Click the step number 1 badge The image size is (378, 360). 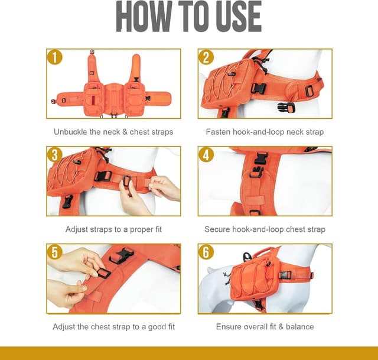click(54, 57)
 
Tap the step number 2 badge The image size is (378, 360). click(206, 57)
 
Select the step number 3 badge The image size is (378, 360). click(54, 155)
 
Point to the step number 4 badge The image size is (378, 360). click(206, 155)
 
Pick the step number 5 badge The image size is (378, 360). click(54, 252)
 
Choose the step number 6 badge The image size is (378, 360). click(206, 252)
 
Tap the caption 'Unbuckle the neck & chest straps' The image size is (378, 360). click(113, 132)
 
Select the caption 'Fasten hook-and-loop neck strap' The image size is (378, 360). click(265, 132)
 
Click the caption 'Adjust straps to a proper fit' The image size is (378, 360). click(113, 229)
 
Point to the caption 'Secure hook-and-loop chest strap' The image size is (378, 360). click(265, 229)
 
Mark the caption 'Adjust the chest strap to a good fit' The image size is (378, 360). click(113, 327)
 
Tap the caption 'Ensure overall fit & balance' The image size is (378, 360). click(265, 327)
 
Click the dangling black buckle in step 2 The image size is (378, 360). click(286, 107)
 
